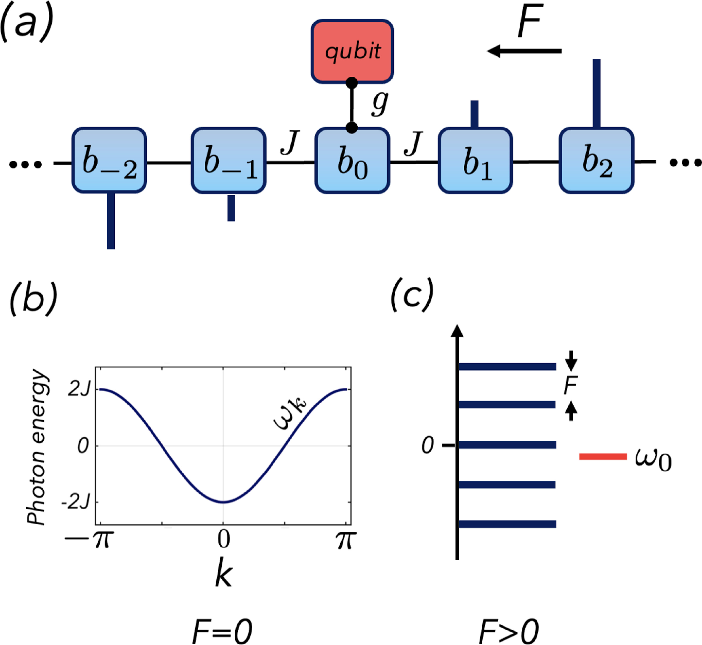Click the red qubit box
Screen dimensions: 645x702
click(x=352, y=51)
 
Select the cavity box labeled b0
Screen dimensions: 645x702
click(x=352, y=160)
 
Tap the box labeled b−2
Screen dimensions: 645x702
click(x=109, y=160)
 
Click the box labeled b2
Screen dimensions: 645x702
click(x=596, y=160)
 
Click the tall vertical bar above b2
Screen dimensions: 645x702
click(x=596, y=93)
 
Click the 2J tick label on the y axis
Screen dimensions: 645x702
click(x=80, y=389)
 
